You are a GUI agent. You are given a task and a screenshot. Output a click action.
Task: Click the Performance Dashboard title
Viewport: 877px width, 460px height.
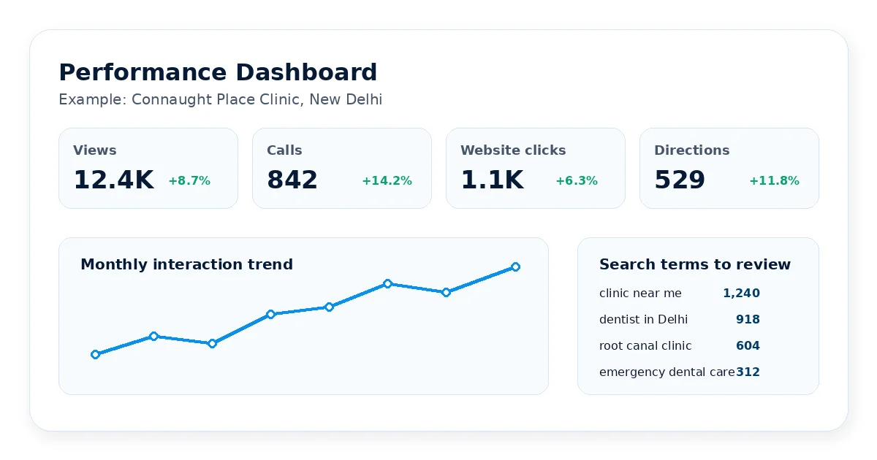218,72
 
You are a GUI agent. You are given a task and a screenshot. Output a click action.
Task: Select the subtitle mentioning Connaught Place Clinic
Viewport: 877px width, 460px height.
221,99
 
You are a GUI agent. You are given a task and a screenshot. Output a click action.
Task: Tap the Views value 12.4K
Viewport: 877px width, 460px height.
113,180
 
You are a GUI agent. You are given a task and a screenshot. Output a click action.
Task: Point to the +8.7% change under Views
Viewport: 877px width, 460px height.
189,181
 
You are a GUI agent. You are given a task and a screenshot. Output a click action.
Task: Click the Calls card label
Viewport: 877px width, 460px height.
284,150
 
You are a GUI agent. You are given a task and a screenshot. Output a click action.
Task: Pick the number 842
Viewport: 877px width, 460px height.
292,180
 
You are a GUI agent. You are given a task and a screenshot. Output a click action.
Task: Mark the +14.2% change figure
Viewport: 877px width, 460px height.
387,181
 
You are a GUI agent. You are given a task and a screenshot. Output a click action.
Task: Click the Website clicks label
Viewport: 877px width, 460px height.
513,150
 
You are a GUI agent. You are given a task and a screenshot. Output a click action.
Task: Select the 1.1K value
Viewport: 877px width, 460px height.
492,180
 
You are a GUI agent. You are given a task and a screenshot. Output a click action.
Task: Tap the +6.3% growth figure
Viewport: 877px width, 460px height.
577,181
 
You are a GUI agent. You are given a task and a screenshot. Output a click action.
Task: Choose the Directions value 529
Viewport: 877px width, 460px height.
680,180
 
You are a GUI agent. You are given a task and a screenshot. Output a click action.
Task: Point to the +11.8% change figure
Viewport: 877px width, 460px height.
775,181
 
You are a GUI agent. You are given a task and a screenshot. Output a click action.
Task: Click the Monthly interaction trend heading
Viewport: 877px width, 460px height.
187,264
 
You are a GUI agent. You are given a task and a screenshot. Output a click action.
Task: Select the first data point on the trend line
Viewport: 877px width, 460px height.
95,354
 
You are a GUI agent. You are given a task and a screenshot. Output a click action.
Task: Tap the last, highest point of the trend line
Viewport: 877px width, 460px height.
516,267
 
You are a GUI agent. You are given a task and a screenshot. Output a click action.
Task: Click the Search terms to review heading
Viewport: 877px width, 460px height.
695,264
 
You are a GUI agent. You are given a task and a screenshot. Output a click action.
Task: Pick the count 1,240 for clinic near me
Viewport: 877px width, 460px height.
741,293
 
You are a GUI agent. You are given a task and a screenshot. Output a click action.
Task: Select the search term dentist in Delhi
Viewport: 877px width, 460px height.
643,319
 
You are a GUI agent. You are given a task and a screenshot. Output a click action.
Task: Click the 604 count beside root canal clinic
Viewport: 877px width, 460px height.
748,345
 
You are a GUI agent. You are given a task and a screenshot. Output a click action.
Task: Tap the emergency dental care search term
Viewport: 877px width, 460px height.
667,372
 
